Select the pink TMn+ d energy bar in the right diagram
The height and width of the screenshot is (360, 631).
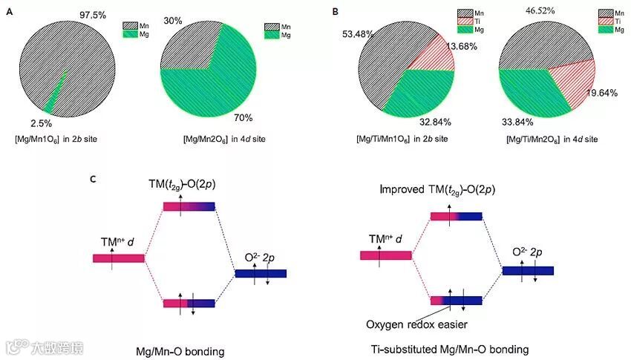pos(385,255)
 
